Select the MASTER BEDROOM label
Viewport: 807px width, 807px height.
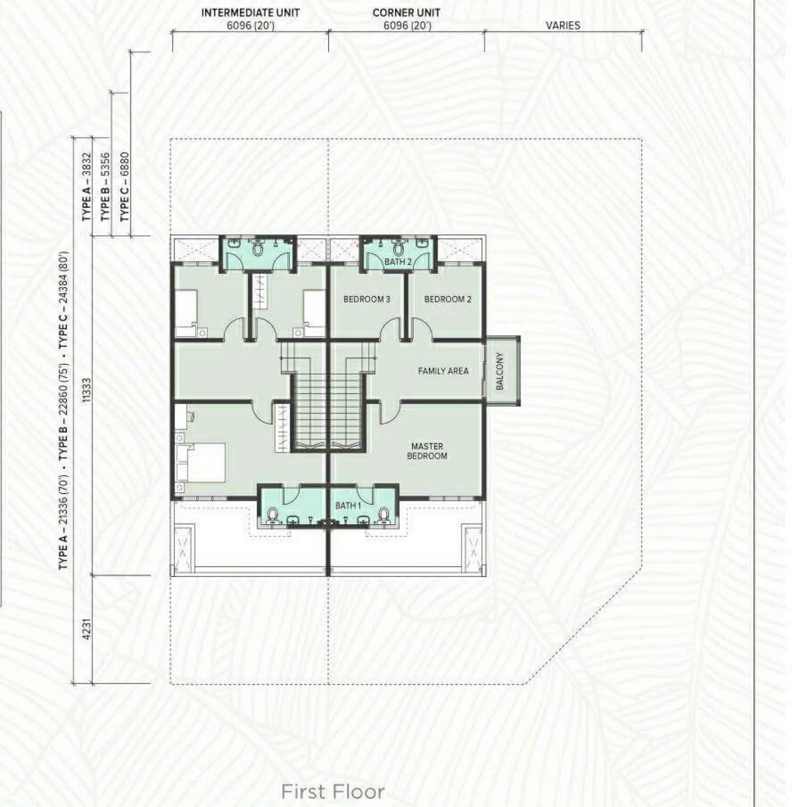427,451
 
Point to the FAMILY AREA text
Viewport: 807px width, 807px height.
443,371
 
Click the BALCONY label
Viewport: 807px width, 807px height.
500,371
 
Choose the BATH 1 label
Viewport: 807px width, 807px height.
348,505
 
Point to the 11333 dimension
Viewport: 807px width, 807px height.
86,390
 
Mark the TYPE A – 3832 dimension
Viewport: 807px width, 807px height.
86,186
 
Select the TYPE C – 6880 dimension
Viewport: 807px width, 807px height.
124,186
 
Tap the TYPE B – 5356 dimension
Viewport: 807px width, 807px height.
105,186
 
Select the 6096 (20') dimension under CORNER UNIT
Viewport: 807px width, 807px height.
407,26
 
